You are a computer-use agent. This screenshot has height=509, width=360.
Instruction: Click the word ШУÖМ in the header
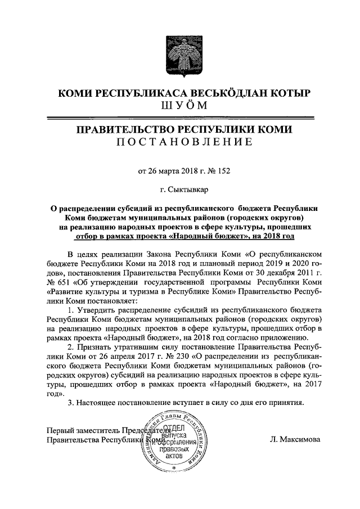[179, 106]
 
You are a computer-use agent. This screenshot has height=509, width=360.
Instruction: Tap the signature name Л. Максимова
[295, 440]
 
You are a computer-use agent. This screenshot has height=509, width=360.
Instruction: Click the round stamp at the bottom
[173, 442]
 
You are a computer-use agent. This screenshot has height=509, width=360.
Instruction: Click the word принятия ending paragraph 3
[286, 403]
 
